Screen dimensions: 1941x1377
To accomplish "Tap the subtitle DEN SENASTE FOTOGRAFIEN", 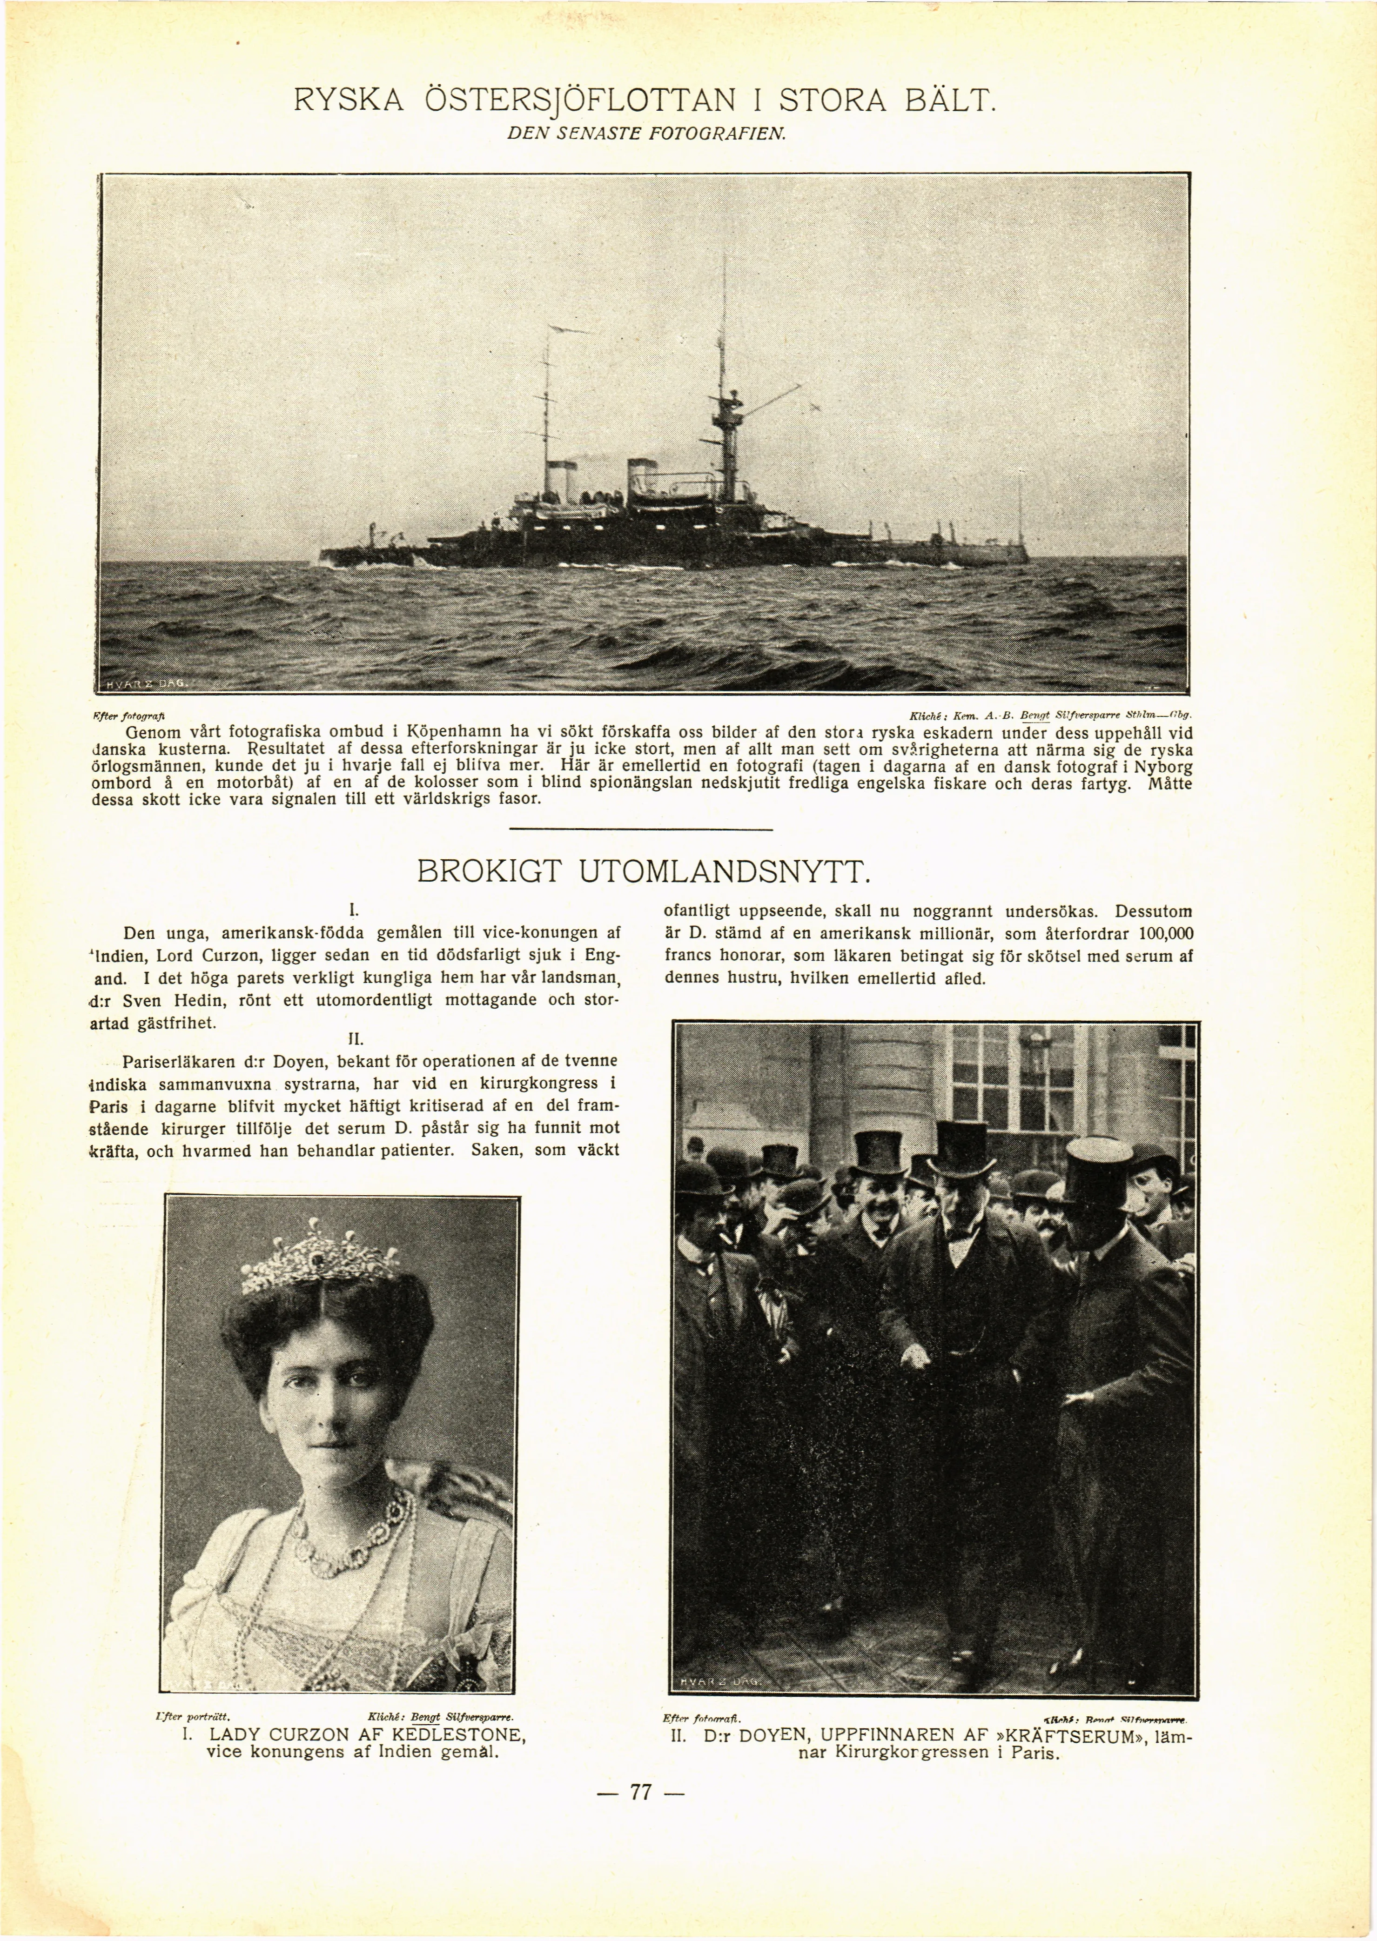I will point(648,134).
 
